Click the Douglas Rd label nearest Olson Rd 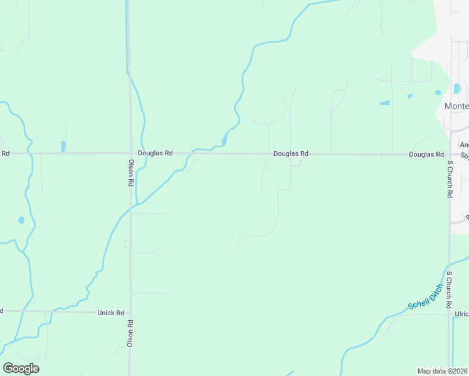(x=155, y=153)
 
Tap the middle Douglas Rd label (x=291, y=154)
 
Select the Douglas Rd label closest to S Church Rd (x=426, y=154)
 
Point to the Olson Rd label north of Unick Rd (x=131, y=172)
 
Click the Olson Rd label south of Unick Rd (x=130, y=333)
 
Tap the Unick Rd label (x=111, y=312)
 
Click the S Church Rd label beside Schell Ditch (x=450, y=290)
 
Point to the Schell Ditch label (x=426, y=296)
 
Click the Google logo (x=21, y=368)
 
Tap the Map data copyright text (x=443, y=370)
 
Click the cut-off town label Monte (x=456, y=106)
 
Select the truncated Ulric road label (x=461, y=314)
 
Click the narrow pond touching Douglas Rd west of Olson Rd (x=63, y=146)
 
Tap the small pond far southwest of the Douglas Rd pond (x=21, y=220)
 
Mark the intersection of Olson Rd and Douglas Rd (x=130, y=153)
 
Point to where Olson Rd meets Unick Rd (x=130, y=311)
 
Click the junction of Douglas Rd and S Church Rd (x=450, y=154)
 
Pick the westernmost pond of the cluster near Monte (x=384, y=103)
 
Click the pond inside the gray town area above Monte (x=456, y=88)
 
